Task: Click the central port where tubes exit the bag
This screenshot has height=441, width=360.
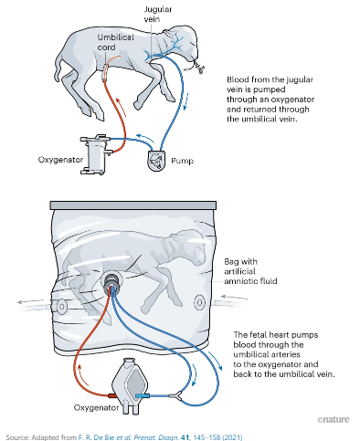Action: [114, 280]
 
